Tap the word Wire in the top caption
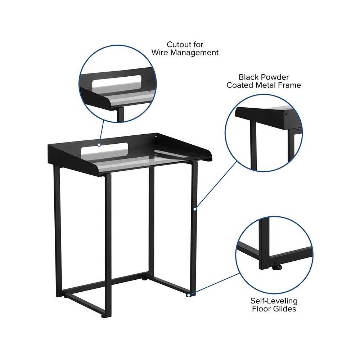(x=160, y=53)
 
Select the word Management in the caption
(x=194, y=53)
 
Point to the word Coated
(x=240, y=85)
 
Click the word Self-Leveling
(x=274, y=301)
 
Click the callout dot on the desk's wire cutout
(x=99, y=145)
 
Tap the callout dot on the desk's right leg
(x=195, y=209)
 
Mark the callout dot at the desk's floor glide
(x=188, y=295)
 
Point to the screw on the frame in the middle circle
(x=286, y=114)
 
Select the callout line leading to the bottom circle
(x=214, y=284)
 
